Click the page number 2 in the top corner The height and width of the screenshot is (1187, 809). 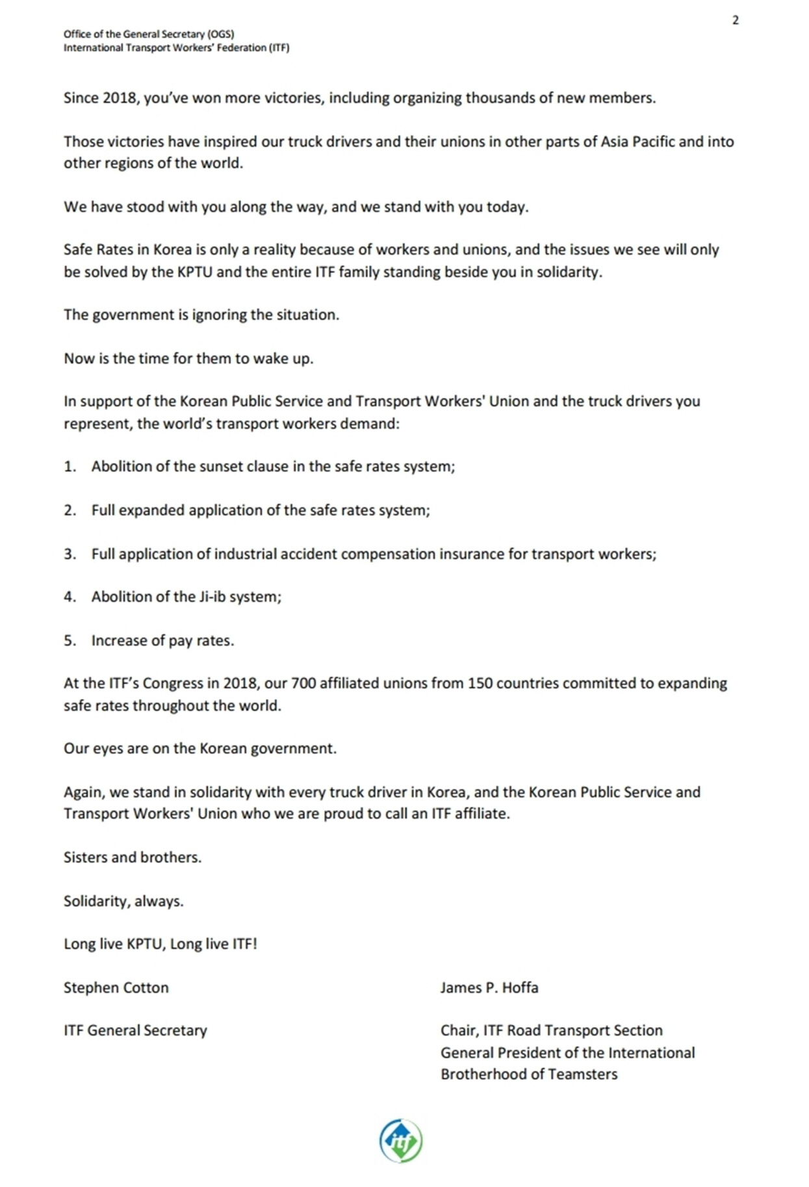click(735, 20)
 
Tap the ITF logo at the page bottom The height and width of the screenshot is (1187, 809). click(401, 1140)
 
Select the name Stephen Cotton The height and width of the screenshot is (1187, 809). click(116, 987)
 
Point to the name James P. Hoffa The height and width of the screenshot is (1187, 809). click(489, 987)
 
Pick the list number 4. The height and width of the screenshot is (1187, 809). click(69, 597)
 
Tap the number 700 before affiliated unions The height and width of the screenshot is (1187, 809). click(303, 683)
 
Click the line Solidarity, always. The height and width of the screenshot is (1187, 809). click(123, 901)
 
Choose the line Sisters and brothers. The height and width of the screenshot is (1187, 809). click(133, 857)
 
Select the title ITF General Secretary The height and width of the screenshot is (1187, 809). click(135, 1030)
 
